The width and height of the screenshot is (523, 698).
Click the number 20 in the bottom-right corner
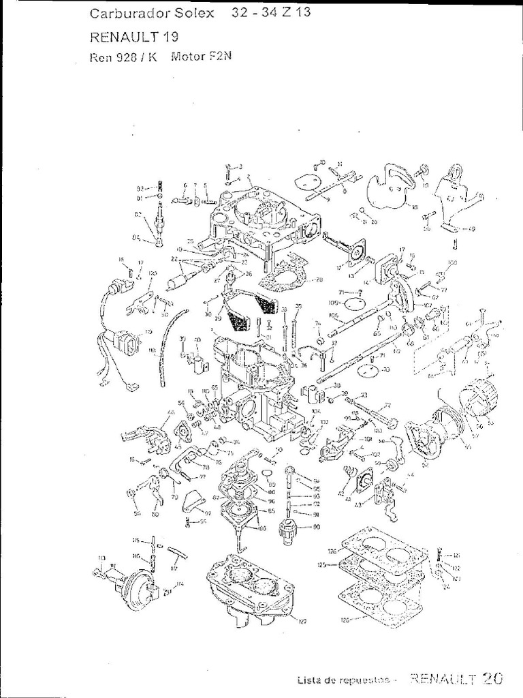pos(492,678)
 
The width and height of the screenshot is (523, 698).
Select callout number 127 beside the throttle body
pos(294,621)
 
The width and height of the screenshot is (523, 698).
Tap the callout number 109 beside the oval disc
pos(333,302)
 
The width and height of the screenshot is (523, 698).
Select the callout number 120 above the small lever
pos(153,273)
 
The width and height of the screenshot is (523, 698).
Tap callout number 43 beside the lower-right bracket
pos(358,504)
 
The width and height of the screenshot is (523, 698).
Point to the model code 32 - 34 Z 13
pos(266,13)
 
